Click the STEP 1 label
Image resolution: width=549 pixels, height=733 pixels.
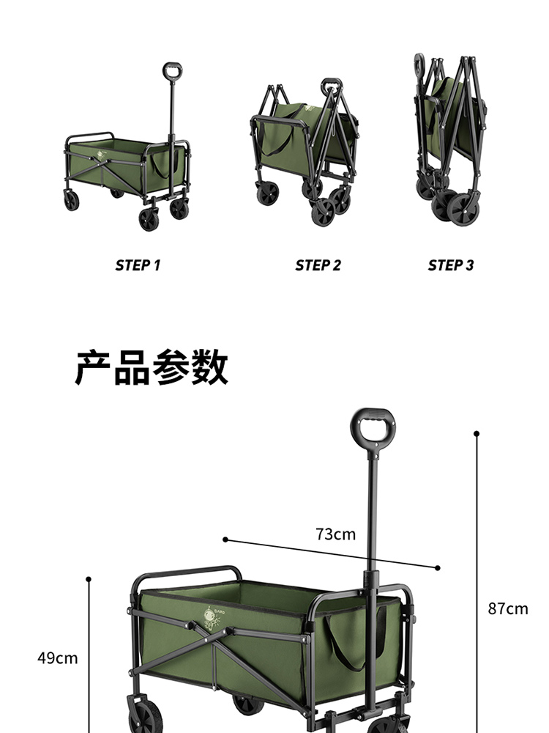point(138,265)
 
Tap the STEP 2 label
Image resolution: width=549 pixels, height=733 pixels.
point(318,265)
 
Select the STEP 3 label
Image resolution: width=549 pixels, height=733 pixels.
point(451,265)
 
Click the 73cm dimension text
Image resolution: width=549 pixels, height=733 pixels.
point(336,534)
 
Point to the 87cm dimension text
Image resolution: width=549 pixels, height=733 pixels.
point(508,608)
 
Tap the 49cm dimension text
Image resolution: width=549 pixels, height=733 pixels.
point(58,658)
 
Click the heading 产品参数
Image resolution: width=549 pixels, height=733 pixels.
point(152,367)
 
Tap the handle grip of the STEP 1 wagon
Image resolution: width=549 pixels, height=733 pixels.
point(173,71)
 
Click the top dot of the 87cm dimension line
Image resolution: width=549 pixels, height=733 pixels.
point(477,434)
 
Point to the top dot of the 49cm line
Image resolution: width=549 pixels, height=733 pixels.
point(89,579)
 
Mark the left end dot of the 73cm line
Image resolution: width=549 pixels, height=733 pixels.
point(225,539)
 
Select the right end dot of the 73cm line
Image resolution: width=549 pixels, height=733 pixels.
point(438,567)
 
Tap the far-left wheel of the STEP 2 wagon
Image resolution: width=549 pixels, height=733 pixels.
point(268,194)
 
